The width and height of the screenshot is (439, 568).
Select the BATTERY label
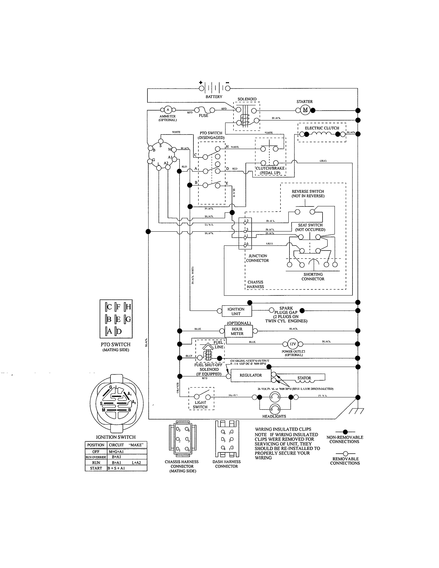coord(214,97)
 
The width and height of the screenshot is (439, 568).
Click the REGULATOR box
coord(251,375)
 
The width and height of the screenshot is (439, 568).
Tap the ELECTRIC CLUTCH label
coord(322,128)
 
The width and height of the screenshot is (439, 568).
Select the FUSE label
coord(203,116)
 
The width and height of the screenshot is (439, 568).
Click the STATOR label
coord(304,378)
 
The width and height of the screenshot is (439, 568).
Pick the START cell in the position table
coord(96,468)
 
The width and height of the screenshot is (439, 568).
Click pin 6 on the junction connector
coord(245,245)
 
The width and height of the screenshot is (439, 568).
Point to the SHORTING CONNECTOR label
coord(313,277)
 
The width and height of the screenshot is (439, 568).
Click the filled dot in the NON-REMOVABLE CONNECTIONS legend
coord(345,432)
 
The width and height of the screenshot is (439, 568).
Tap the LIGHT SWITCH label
coord(200,405)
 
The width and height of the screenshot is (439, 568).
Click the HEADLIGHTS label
coord(274,416)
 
